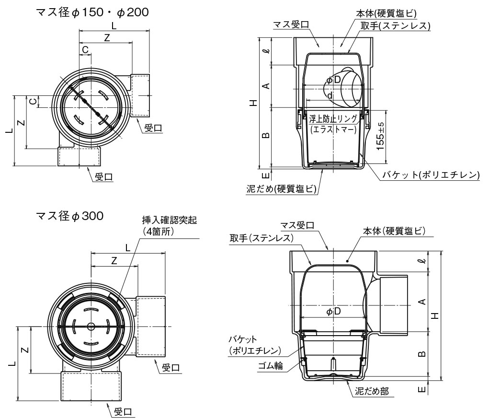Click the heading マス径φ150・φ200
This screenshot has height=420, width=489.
click(92, 12)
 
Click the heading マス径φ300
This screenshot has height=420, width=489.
click(69, 216)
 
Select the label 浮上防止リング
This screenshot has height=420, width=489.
click(333, 118)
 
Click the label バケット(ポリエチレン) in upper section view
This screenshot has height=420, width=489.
click(431, 175)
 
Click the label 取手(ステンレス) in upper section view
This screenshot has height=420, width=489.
click(396, 25)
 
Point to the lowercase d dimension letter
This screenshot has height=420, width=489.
click(330, 95)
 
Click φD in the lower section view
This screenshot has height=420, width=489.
click(333, 312)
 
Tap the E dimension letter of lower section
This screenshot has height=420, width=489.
click(421, 390)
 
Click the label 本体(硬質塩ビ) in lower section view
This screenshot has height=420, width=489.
click(395, 231)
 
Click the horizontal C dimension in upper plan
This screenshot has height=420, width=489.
click(85, 49)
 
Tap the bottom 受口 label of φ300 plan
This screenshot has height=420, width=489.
click(123, 411)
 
